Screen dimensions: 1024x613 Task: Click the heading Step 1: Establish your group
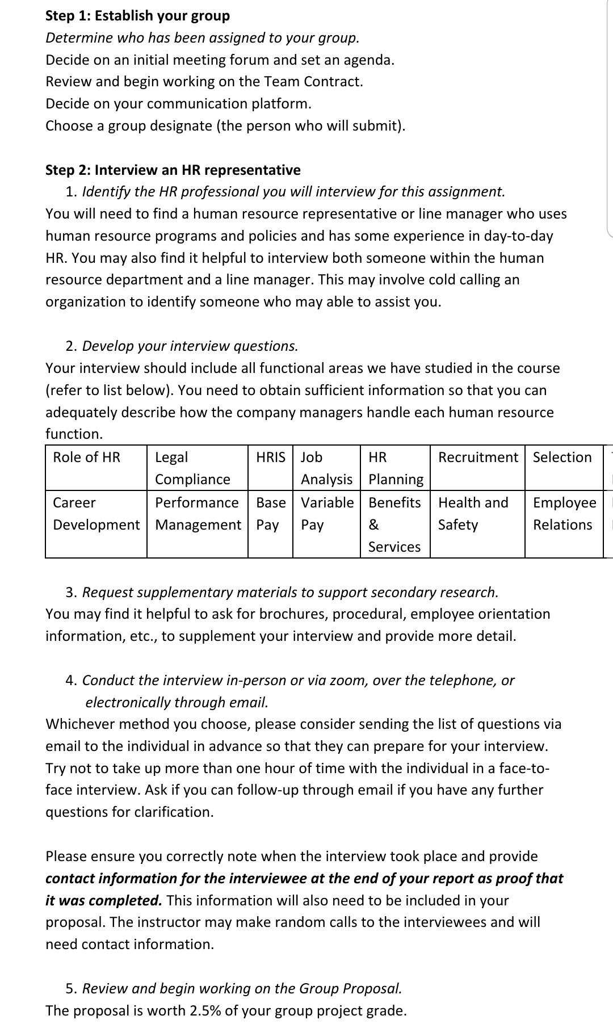pyautogui.click(x=137, y=15)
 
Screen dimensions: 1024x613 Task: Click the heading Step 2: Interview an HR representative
pyautogui.click(x=173, y=170)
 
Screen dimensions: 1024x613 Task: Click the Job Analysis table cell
pyautogui.click(x=326, y=468)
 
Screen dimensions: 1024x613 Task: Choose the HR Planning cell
pyautogui.click(x=395, y=468)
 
